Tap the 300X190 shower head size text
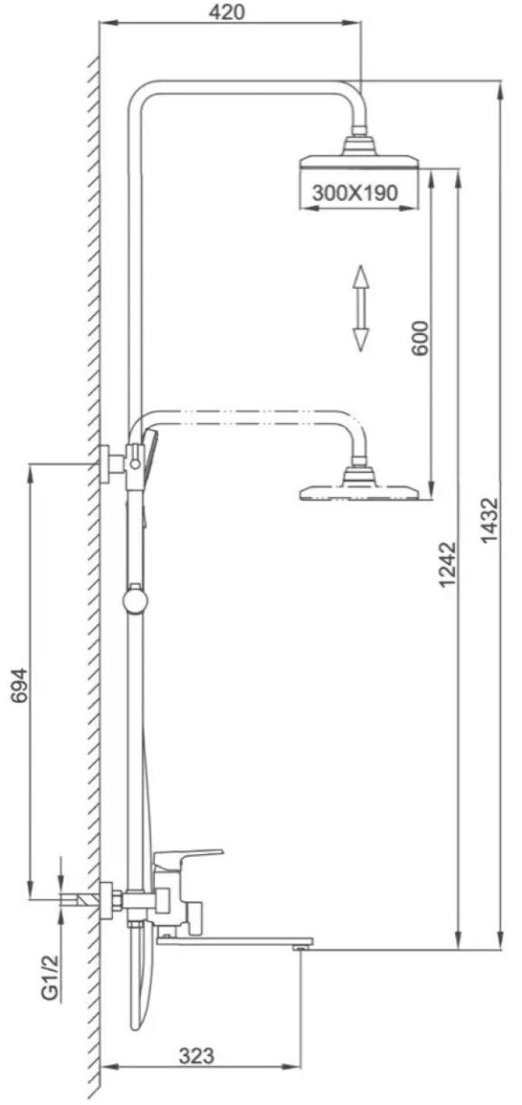355,192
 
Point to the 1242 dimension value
448,564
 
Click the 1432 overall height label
490,521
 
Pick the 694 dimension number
20,686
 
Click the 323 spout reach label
196,1056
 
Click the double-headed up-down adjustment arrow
361,308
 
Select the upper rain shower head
360,156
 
